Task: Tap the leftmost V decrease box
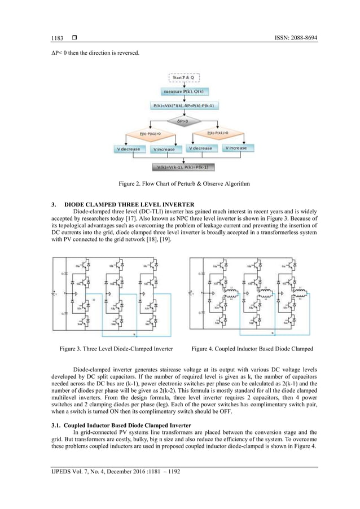pyautogui.click(x=129, y=149)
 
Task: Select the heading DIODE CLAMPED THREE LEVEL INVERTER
pyautogui.click(x=129, y=204)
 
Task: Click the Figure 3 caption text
pyautogui.click(x=116, y=350)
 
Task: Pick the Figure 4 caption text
pyautogui.click(x=252, y=350)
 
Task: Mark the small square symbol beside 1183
pyautogui.click(x=73, y=38)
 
